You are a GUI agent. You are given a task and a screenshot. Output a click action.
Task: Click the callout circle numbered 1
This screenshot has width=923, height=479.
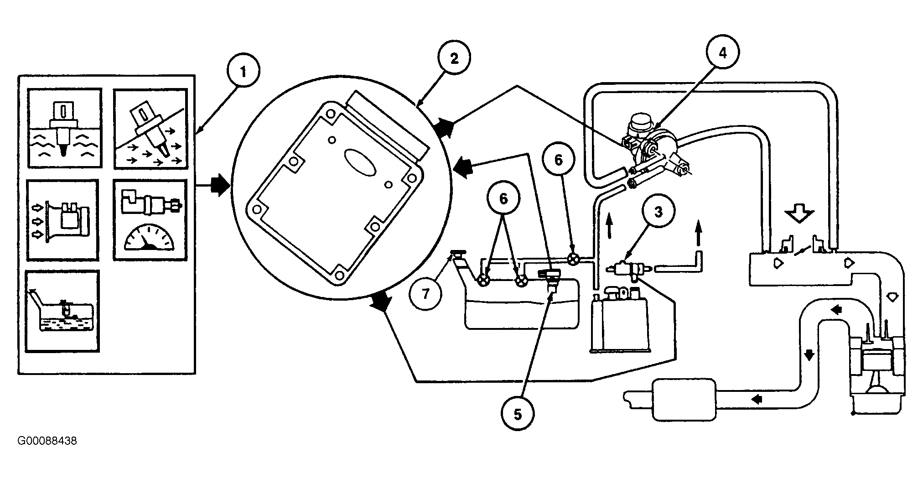243,72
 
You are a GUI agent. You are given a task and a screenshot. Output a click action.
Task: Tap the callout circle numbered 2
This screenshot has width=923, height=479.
454,58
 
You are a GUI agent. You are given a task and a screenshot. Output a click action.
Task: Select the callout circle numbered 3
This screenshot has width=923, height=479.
659,212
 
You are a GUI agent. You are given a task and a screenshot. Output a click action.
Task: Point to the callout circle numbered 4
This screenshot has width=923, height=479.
722,53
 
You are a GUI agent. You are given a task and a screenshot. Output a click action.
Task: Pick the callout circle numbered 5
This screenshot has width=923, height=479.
518,414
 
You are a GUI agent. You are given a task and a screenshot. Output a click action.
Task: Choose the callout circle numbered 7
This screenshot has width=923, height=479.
425,293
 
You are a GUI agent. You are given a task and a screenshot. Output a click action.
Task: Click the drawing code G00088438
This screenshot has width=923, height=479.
47,441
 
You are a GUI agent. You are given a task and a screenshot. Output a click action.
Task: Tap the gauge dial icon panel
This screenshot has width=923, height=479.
150,220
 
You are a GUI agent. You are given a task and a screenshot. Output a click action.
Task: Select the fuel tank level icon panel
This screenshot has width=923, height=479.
62,311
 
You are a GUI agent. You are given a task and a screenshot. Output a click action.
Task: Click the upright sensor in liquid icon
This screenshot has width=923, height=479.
64,128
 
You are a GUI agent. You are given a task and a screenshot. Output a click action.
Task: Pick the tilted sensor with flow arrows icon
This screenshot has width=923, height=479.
150,128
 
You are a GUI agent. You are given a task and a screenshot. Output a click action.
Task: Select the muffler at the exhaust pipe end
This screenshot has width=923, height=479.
684,399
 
